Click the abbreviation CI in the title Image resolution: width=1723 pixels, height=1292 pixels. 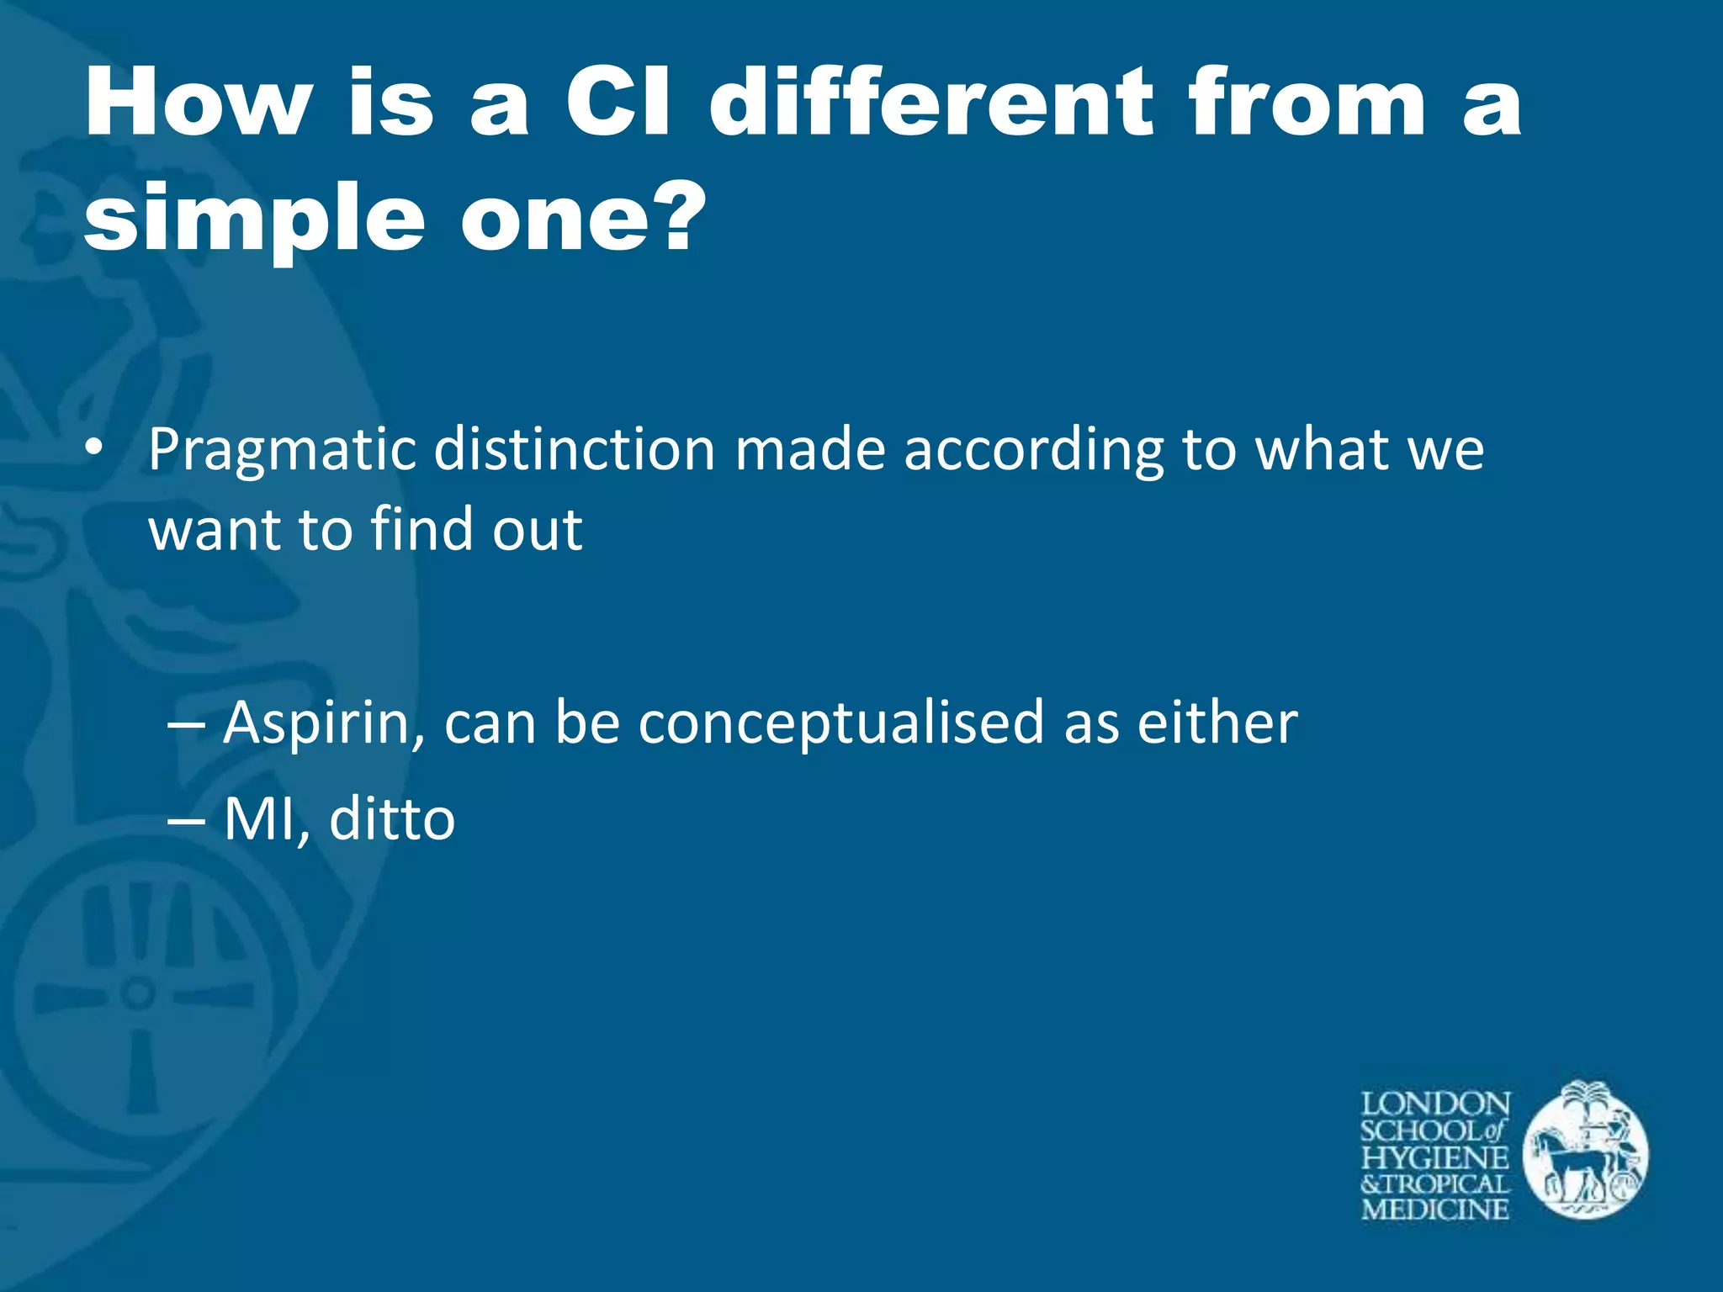click(618, 103)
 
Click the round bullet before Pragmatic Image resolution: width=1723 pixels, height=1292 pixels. click(94, 448)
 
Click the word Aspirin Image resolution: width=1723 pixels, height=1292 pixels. click(323, 724)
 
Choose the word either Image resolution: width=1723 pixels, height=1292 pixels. click(1217, 723)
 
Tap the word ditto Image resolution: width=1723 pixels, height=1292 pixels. click(392, 819)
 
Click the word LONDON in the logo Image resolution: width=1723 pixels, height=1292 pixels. click(1435, 1104)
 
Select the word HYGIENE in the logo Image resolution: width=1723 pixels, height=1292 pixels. click(1435, 1157)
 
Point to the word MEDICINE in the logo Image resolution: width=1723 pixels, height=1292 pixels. click(1435, 1210)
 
